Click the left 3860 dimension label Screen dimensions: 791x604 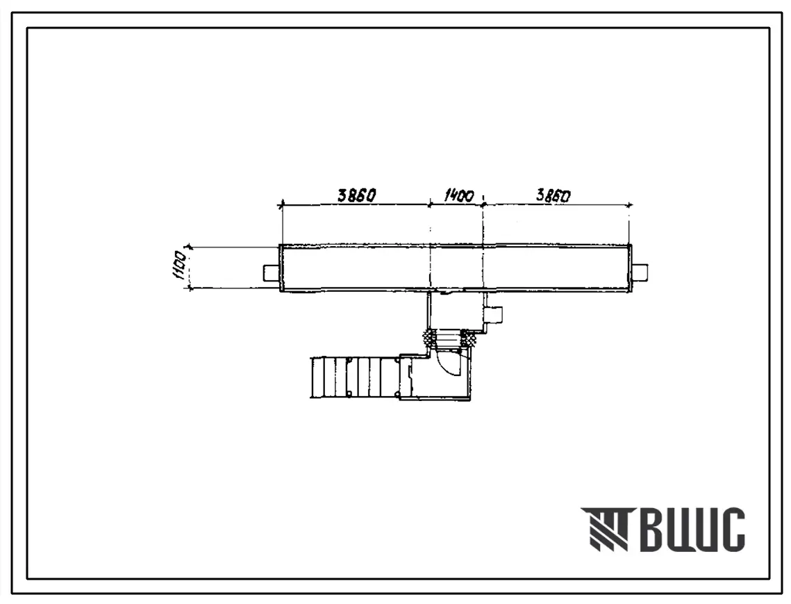point(357,195)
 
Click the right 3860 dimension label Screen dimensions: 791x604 point(553,195)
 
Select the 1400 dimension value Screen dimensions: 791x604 point(458,195)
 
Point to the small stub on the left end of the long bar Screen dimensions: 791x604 point(271,273)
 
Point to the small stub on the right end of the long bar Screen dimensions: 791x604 point(639,273)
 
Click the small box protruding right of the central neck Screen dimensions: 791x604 point(492,315)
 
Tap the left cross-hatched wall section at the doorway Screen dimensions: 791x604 point(429,336)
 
